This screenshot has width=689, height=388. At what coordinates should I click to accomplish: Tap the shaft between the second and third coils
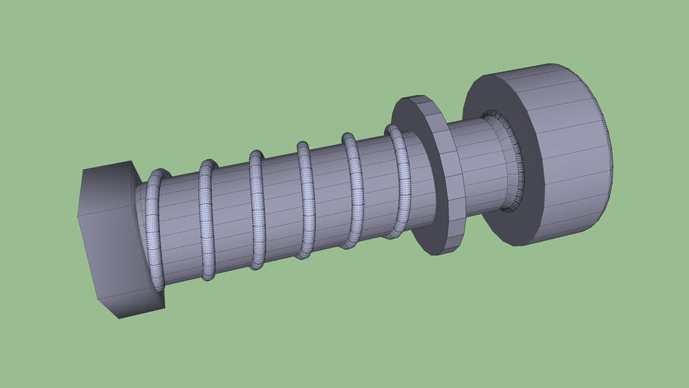pos(231,215)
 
